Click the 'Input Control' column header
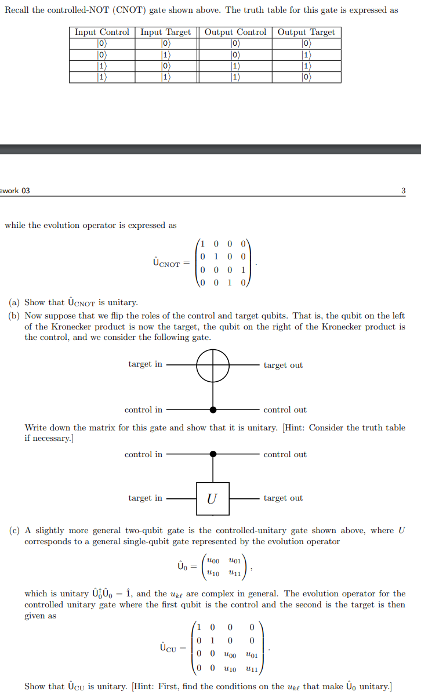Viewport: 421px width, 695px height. [x=102, y=32]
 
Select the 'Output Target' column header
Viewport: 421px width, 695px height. [x=306, y=32]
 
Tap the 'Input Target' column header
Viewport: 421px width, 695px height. [x=166, y=32]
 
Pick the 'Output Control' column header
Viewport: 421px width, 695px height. [x=235, y=32]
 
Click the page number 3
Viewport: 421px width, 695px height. [x=403, y=190]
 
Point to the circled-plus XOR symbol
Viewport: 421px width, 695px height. [x=213, y=365]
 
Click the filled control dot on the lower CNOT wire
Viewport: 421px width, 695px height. [x=213, y=410]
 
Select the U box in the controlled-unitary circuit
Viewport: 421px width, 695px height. [x=212, y=498]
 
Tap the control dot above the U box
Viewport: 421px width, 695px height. [x=213, y=454]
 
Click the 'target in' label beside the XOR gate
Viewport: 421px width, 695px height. [x=145, y=364]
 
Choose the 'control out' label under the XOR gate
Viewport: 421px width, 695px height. [x=285, y=410]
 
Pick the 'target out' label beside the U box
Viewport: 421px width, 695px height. [x=283, y=498]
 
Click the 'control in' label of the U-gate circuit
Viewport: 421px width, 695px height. [x=143, y=454]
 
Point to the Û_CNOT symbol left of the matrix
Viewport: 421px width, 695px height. [x=167, y=263]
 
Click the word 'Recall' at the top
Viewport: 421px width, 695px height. [x=19, y=10]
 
